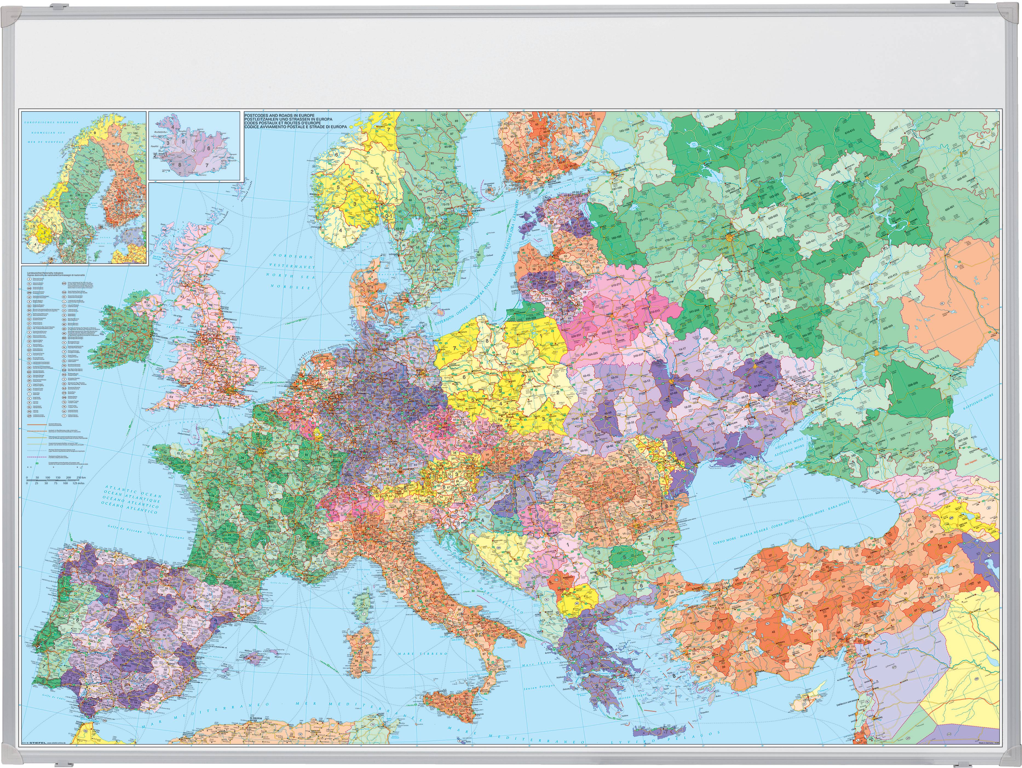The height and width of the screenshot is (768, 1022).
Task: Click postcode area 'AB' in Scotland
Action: pos(212,255)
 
